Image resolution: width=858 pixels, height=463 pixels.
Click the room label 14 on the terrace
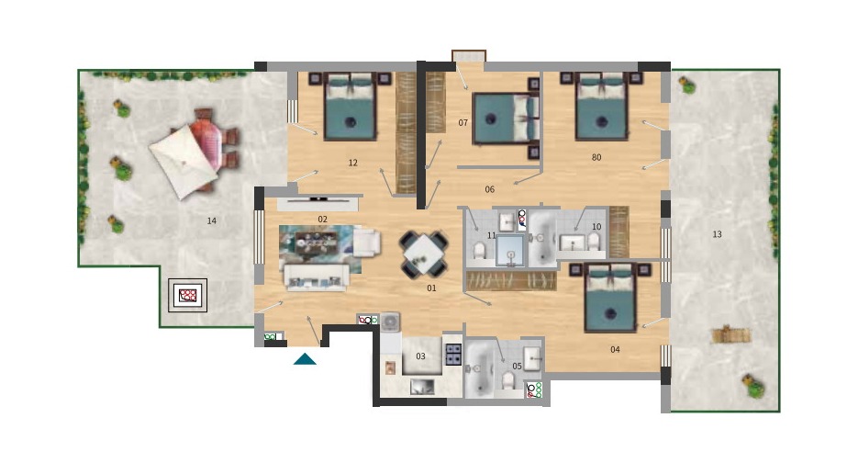[212, 220]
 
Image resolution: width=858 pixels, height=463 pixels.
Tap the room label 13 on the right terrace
[717, 234]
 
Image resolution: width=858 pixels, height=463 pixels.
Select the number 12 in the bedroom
[353, 163]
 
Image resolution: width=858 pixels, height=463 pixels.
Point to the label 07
[462, 123]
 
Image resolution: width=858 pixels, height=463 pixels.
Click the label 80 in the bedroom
[596, 157]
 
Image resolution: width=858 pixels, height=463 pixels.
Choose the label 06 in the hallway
[490, 189]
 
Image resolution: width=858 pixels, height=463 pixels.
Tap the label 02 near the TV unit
[323, 220]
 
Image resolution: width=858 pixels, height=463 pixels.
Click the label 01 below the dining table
[431, 288]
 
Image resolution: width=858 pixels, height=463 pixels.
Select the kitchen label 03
[420, 356]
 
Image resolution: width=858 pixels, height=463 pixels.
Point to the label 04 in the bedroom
[615, 350]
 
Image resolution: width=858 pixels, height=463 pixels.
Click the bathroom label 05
[518, 366]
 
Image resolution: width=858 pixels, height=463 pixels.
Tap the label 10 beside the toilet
[596, 226]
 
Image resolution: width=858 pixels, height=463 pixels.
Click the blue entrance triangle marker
[305, 359]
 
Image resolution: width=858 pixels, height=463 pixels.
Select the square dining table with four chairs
[424, 254]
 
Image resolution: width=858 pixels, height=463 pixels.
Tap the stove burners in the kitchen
[453, 354]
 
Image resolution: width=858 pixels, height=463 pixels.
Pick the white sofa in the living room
[317, 277]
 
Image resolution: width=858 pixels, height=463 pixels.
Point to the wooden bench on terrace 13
[731, 334]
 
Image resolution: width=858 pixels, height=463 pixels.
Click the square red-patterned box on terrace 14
[188, 296]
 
